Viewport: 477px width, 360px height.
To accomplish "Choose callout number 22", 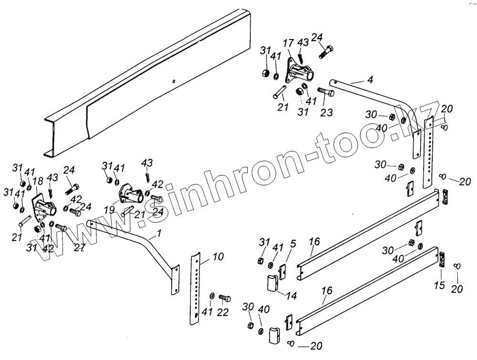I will [x=223, y=312].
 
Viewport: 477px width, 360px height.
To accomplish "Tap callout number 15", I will [x=440, y=286].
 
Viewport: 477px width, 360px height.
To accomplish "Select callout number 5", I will [x=293, y=244].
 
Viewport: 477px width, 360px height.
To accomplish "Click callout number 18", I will [x=38, y=181].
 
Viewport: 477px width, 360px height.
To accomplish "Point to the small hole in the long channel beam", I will [x=175, y=81].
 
